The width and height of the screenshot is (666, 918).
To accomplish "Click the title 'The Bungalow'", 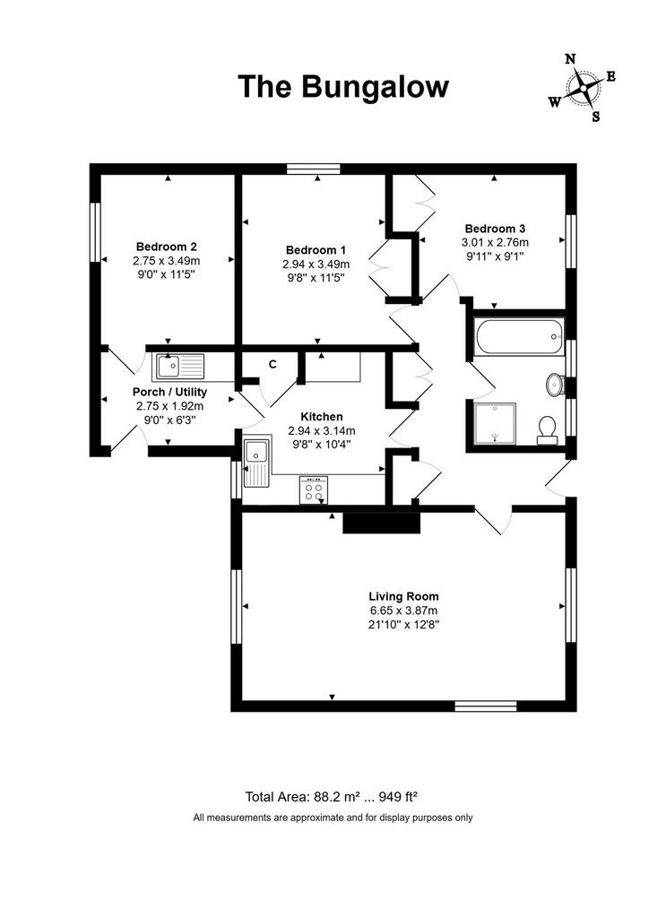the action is [343, 87].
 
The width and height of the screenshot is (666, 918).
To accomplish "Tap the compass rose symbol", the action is [583, 88].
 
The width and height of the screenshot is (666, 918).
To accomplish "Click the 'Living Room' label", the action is [404, 596].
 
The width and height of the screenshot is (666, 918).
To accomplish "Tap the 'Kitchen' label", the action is [321, 417].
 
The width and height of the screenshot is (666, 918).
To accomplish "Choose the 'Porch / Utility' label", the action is [169, 392].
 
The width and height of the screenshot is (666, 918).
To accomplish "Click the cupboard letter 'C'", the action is [272, 364].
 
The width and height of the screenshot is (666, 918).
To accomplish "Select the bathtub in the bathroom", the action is [520, 336].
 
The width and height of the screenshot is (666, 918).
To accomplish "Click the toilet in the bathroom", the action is [547, 430].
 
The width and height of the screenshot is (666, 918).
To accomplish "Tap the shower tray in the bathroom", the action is [495, 424].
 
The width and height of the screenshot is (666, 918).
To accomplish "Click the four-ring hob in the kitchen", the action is [314, 489].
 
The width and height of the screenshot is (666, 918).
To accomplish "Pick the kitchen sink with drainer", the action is [257, 461].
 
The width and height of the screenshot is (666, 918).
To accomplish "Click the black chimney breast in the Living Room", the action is [382, 523].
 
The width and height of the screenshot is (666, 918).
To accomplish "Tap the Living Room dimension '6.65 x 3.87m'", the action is [404, 611].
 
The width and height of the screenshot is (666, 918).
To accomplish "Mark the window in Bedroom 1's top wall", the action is [314, 169].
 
